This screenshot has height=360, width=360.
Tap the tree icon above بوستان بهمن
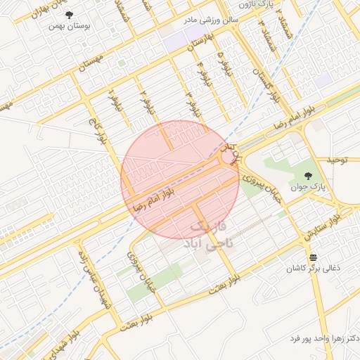pos(68,15)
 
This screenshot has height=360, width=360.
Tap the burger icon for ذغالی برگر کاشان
pos(313,257)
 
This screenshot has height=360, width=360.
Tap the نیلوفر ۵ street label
pos(221,63)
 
